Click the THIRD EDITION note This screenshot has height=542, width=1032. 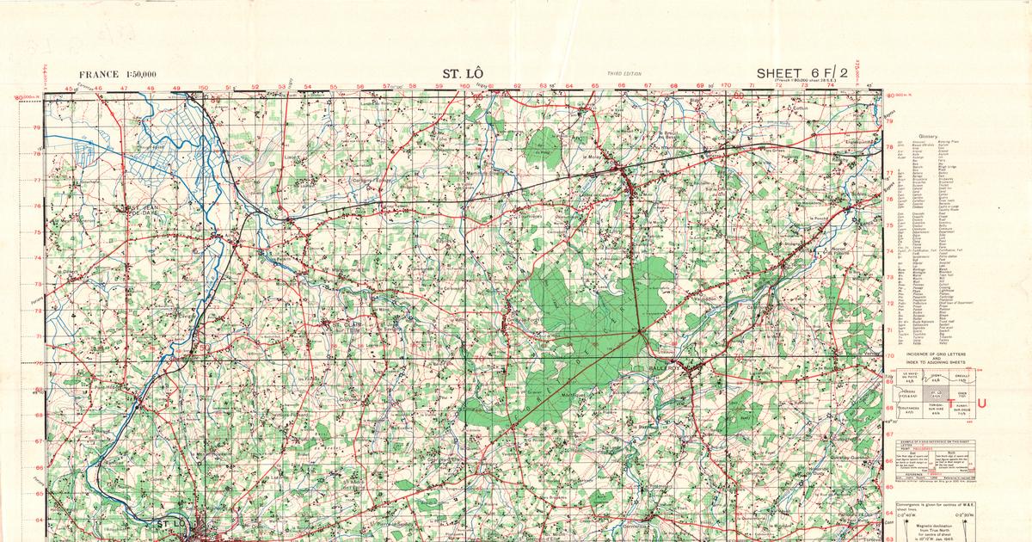[x=623, y=74]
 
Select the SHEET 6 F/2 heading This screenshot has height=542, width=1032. [x=802, y=72]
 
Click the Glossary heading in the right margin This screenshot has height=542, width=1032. [x=929, y=137]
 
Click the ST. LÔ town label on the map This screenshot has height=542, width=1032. [x=172, y=523]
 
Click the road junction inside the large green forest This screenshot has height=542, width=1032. [x=640, y=330]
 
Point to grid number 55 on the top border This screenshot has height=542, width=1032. [x=333, y=87]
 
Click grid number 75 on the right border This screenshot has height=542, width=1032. [x=890, y=225]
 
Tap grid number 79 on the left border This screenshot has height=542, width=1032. [x=36, y=128]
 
